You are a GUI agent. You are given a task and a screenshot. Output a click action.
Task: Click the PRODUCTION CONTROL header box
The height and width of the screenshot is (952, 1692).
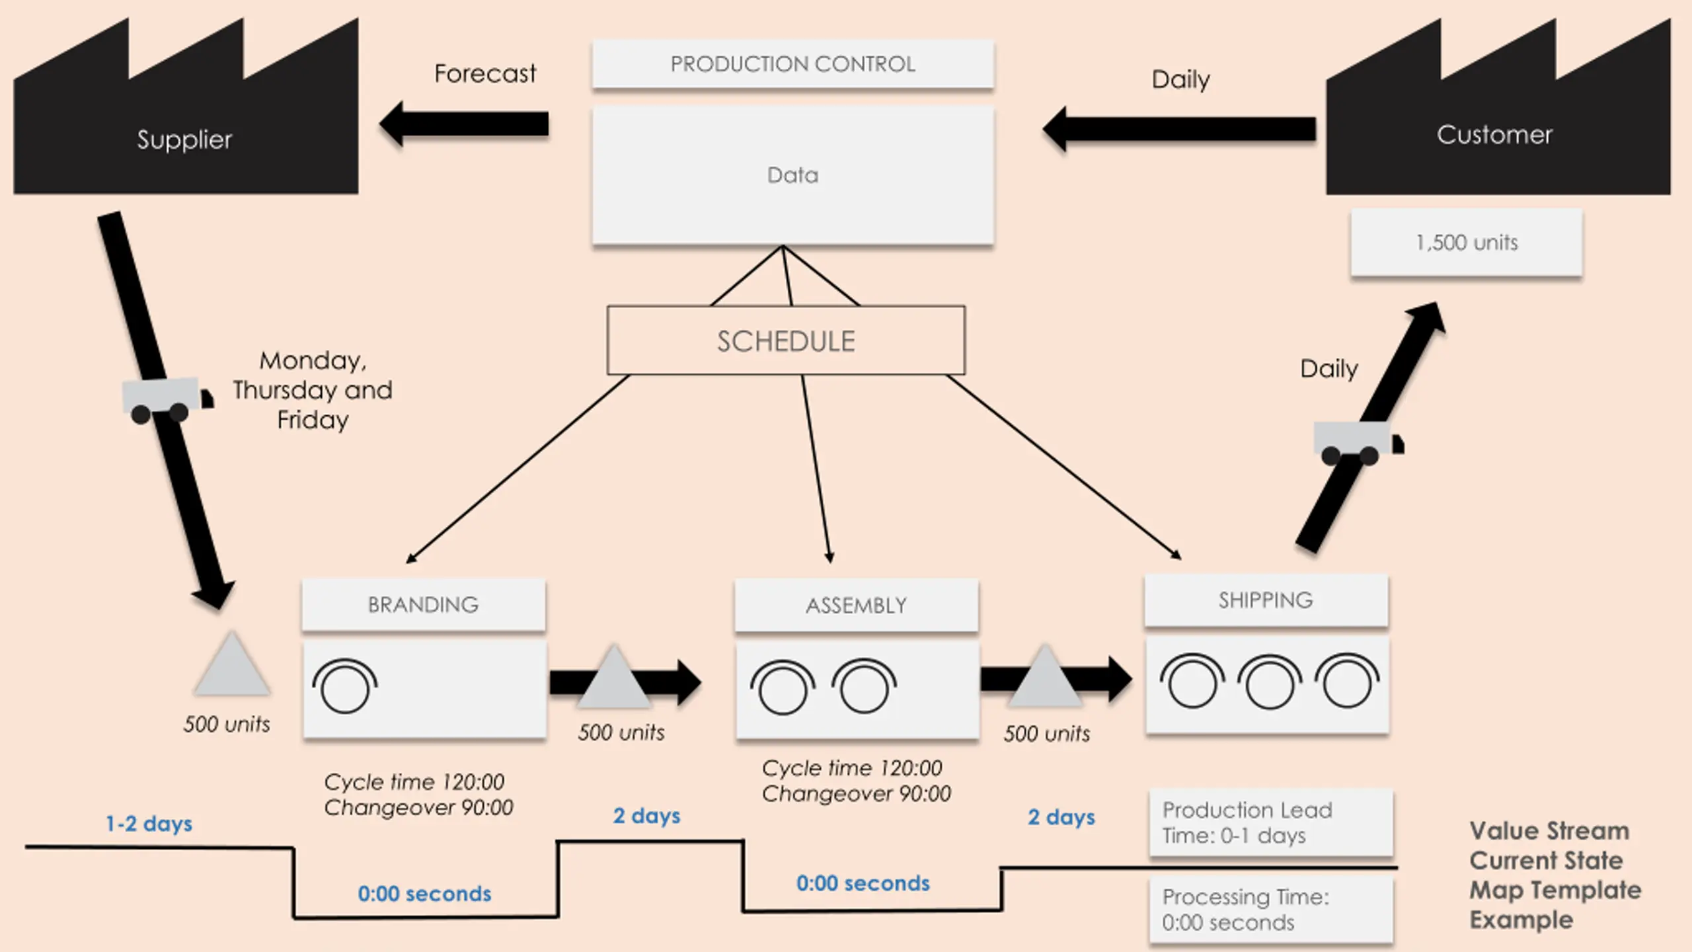(x=792, y=63)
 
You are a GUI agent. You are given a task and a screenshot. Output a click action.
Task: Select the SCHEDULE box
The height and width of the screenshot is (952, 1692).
(x=786, y=340)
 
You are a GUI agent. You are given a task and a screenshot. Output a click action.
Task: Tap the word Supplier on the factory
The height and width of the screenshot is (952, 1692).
(x=184, y=139)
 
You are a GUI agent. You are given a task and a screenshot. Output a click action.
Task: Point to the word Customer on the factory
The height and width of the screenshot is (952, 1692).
(x=1494, y=135)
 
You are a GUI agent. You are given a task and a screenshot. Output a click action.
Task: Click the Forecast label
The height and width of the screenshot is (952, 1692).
(x=485, y=73)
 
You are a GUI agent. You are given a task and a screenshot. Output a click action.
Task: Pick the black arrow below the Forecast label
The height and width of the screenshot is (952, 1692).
(x=464, y=124)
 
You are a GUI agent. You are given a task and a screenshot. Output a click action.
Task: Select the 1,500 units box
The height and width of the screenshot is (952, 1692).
(x=1467, y=243)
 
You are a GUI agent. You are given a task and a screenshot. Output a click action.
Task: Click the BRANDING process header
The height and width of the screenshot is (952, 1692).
(x=424, y=604)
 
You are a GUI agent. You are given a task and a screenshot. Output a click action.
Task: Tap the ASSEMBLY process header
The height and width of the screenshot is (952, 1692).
(x=856, y=605)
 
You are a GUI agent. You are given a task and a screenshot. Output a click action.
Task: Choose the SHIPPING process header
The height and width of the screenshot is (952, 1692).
(x=1266, y=600)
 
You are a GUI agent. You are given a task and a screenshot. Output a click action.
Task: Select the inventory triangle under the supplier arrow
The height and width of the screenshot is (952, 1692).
(x=231, y=663)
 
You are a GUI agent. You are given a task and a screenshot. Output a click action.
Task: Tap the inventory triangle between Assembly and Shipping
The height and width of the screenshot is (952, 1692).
(x=1045, y=676)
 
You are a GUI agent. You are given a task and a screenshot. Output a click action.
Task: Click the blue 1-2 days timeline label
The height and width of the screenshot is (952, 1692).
(x=149, y=824)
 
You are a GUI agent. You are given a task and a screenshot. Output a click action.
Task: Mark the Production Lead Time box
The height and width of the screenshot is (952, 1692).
(x=1271, y=822)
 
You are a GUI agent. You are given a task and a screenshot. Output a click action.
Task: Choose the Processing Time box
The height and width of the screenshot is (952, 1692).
(x=1271, y=909)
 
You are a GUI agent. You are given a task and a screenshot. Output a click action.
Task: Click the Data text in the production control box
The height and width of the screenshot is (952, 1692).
(x=792, y=175)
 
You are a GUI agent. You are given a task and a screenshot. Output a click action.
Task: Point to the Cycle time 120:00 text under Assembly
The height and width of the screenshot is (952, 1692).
(x=852, y=768)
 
